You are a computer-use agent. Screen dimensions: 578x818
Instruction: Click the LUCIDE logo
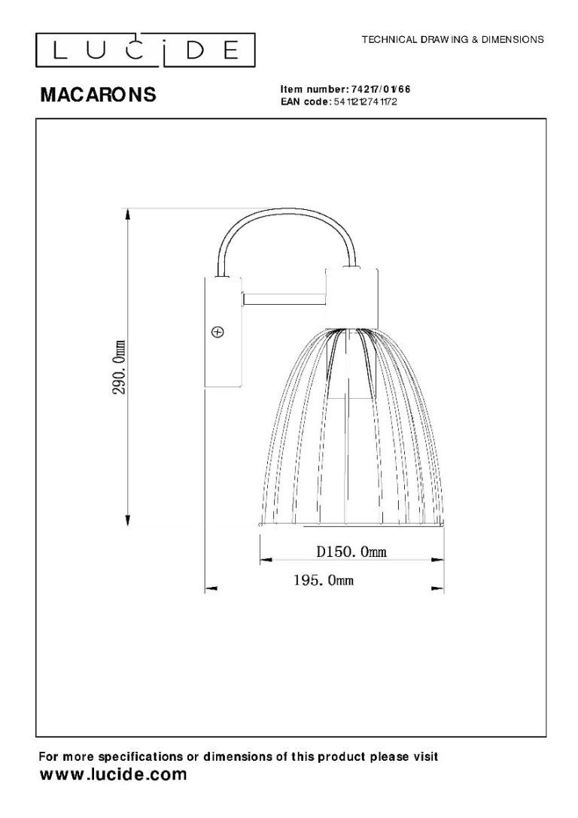[145, 50]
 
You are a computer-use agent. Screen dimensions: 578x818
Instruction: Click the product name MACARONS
[98, 94]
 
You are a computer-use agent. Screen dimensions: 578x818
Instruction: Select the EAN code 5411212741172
[365, 101]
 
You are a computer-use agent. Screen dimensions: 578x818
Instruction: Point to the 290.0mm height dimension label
[120, 367]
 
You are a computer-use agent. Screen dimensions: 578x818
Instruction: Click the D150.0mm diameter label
[351, 552]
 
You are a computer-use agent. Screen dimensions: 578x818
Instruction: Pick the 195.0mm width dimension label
[324, 579]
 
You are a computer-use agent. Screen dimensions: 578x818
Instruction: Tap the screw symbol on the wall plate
[218, 332]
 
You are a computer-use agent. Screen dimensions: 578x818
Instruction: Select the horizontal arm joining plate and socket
[284, 299]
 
